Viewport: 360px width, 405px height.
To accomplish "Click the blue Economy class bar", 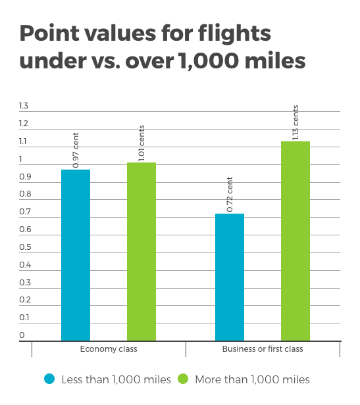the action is pyautogui.click(x=76, y=255).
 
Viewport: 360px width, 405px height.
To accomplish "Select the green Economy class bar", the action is pyautogui.click(x=141, y=252).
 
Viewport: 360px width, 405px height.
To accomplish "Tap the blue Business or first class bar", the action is pyautogui.click(x=230, y=277).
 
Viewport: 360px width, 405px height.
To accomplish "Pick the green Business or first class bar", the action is pyautogui.click(x=296, y=241).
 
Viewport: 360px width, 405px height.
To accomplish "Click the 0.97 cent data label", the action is pyautogui.click(x=76, y=150).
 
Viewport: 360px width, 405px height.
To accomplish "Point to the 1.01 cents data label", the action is pyautogui.click(x=141, y=143).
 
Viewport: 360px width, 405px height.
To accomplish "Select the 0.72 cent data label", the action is pyautogui.click(x=230, y=194).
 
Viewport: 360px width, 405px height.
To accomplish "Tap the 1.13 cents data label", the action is pyautogui.click(x=296, y=122).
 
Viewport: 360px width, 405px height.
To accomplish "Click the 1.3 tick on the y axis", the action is pyautogui.click(x=24, y=106).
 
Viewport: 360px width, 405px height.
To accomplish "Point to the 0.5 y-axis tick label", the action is pyautogui.click(x=25, y=247).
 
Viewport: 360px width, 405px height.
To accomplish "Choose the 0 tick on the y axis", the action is pyautogui.click(x=22, y=335).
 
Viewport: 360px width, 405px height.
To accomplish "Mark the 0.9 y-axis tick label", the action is pyautogui.click(x=25, y=177).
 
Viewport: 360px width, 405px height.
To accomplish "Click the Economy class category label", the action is pyautogui.click(x=109, y=349).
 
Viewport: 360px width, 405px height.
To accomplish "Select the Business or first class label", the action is pyautogui.click(x=263, y=349).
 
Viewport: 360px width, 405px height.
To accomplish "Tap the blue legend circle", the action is pyautogui.click(x=49, y=379).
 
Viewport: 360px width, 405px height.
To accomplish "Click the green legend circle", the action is pyautogui.click(x=183, y=379).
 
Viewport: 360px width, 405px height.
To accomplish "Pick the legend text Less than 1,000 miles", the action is pyautogui.click(x=116, y=380).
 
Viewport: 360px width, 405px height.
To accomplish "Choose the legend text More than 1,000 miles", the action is pyautogui.click(x=253, y=380).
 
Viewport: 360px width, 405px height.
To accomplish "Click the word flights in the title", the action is pyautogui.click(x=234, y=34).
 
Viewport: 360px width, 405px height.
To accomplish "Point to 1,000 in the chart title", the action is pyautogui.click(x=209, y=61).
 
